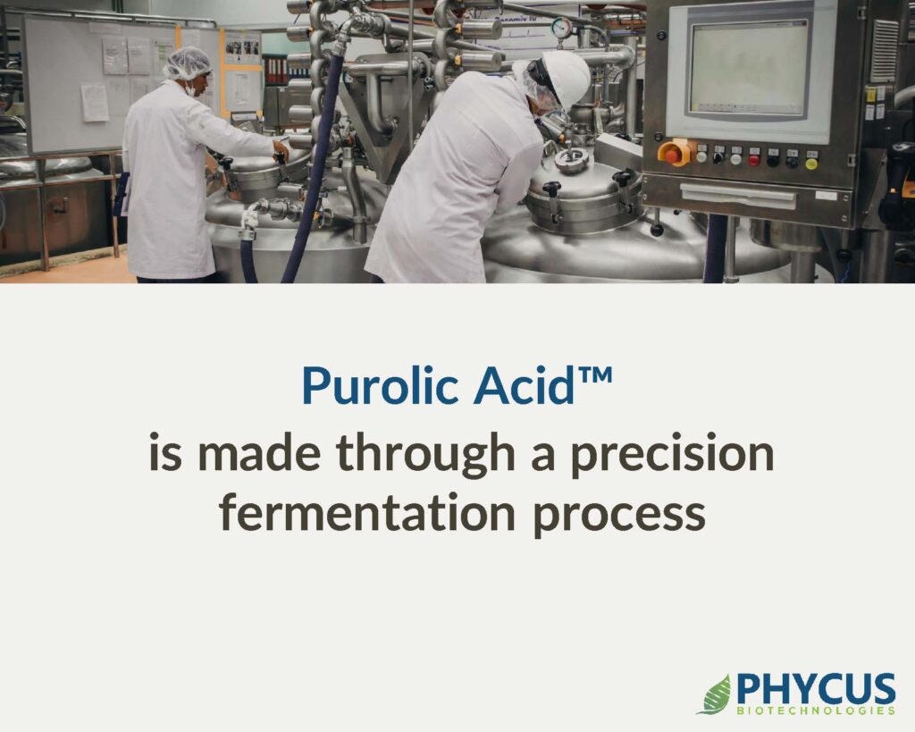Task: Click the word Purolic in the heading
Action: click(379, 386)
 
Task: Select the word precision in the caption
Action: click(672, 455)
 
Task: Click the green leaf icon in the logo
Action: click(714, 694)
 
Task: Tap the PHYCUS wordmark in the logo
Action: click(816, 689)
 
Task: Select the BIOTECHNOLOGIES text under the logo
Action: click(816, 711)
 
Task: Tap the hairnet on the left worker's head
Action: click(187, 63)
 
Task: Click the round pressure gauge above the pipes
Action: click(562, 28)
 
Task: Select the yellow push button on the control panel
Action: click(811, 164)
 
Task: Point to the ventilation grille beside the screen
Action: click(884, 51)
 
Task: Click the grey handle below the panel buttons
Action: click(737, 195)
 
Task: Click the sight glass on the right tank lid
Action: click(569, 159)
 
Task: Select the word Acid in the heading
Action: click(524, 386)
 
